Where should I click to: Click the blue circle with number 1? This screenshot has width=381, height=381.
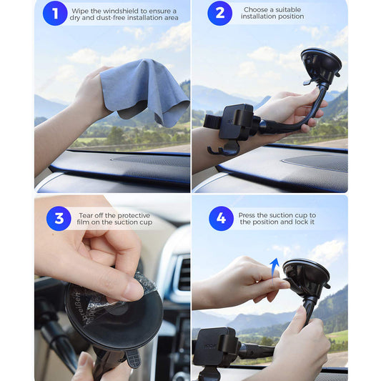[55, 13]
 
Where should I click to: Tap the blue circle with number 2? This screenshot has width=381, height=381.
[220, 13]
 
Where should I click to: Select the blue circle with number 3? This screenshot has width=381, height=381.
[59, 218]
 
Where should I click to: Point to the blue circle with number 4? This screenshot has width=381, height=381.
[221, 218]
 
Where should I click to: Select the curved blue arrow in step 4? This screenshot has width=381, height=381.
[274, 269]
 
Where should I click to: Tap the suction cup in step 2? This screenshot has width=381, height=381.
[321, 65]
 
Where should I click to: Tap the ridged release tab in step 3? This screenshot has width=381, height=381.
[134, 358]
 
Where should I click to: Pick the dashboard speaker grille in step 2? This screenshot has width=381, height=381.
[315, 163]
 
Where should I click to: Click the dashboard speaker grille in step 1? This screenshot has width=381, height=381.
[151, 161]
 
